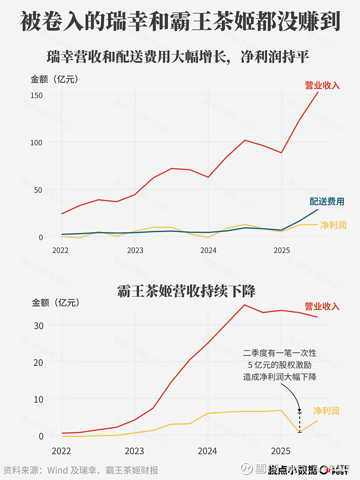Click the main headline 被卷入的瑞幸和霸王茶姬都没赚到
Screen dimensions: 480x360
coord(180,22)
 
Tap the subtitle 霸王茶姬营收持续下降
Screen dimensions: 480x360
coord(186,291)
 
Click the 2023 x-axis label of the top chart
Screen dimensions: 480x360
coord(135,250)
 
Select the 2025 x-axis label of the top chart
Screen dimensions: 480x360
coord(281,250)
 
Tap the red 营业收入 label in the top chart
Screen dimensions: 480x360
coord(322,85)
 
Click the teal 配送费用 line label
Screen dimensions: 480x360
coord(327,202)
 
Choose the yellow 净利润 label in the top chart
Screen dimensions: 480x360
coord(333,225)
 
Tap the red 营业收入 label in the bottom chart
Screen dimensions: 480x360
coord(322,306)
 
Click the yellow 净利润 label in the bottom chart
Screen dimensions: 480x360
coord(326,411)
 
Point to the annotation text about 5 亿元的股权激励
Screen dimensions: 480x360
coord(280,365)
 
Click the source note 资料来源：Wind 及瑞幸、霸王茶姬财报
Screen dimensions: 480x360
coord(81,471)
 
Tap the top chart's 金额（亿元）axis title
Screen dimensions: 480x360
coord(54,80)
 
